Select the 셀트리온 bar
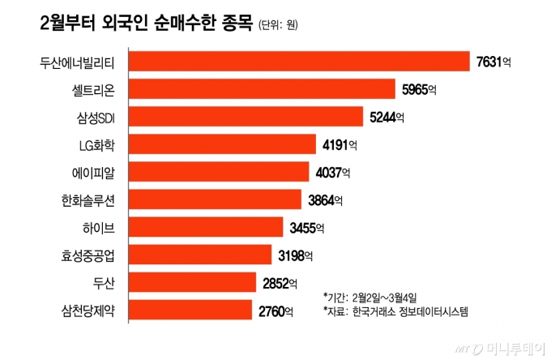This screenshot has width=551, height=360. [261, 89]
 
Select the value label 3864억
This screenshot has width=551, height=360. [327, 199]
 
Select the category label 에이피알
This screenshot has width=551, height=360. [92, 172]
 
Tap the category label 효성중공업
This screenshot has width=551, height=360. [88, 255]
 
